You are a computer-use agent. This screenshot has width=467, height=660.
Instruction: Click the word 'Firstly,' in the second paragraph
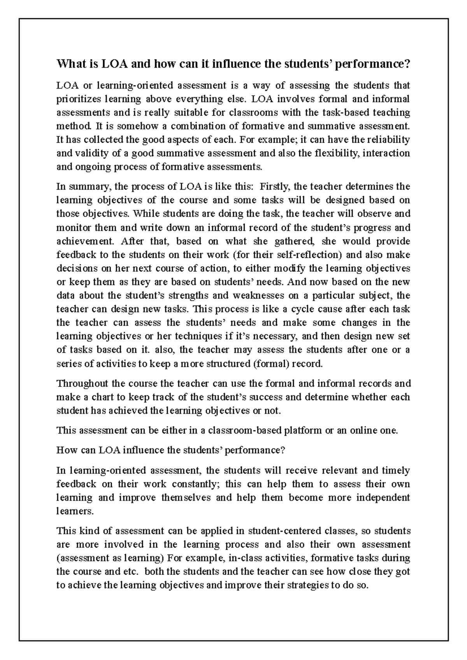pyautogui.click(x=274, y=187)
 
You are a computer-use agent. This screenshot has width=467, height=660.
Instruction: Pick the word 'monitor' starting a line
pyautogui.click(x=71, y=227)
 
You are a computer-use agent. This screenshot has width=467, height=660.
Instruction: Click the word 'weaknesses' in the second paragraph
pyautogui.click(x=258, y=295)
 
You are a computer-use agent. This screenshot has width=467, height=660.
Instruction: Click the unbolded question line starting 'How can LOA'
pyautogui.click(x=171, y=450)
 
